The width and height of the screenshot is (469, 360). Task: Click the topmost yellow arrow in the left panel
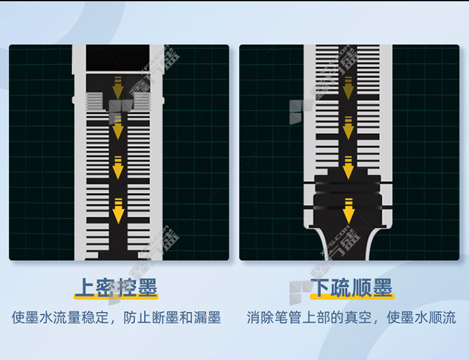click(x=118, y=88)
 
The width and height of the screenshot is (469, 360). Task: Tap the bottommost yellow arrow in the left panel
click(x=118, y=211)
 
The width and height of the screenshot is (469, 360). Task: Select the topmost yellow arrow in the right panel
click(x=348, y=88)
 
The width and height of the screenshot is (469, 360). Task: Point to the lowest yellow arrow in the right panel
click(x=348, y=211)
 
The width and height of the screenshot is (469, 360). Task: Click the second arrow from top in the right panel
click(x=348, y=128)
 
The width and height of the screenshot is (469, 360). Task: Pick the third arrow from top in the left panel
click(x=118, y=167)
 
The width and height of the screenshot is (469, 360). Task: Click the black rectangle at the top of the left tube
click(x=118, y=57)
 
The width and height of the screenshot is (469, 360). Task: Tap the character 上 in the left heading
click(x=84, y=287)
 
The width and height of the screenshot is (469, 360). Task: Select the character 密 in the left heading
click(x=105, y=287)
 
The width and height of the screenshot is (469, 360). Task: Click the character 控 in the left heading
click(x=126, y=287)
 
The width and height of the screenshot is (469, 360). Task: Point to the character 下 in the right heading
click(x=321, y=287)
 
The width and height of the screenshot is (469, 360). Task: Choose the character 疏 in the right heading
click(x=341, y=287)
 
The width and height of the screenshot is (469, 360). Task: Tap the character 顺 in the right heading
click(x=362, y=287)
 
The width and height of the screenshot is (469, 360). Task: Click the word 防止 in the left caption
click(x=137, y=317)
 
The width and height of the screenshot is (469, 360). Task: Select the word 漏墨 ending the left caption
click(x=207, y=317)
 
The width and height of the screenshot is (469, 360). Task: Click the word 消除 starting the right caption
click(x=260, y=317)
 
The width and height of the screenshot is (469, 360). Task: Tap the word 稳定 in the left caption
click(x=95, y=317)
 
